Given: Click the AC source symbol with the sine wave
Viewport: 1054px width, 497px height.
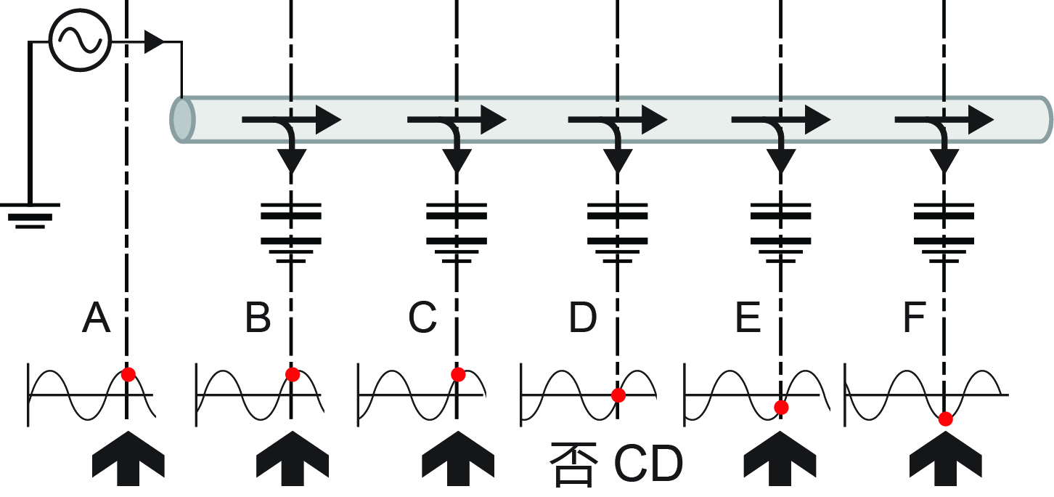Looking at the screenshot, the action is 80,40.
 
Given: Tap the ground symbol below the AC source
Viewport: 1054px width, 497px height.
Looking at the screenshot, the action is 30,216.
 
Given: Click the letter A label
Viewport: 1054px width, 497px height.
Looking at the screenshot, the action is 97,318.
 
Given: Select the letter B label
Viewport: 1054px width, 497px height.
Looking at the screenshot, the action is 258,318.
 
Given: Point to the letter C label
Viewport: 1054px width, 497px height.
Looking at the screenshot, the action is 422,318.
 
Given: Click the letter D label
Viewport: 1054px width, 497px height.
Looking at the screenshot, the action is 582,318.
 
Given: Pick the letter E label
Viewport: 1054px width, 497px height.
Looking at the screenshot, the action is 748,318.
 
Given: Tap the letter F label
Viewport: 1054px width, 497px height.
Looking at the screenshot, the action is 914,318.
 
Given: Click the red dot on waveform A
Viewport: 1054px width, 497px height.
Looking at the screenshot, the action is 128,374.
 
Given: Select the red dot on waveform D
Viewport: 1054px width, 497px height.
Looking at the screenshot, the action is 618,395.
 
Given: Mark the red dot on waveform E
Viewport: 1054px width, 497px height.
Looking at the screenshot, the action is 781,408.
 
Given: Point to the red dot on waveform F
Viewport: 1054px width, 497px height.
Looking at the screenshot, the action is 945,419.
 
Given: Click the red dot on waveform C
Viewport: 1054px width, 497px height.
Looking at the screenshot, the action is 458,374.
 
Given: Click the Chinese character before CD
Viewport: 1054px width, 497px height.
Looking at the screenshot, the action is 574,464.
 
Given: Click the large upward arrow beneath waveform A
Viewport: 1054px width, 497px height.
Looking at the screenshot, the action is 128,458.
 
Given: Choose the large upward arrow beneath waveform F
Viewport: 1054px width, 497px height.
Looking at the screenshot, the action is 945,458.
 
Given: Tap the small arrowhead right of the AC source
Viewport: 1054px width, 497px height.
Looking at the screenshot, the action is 154,42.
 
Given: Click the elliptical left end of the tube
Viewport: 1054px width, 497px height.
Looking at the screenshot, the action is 183,120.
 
